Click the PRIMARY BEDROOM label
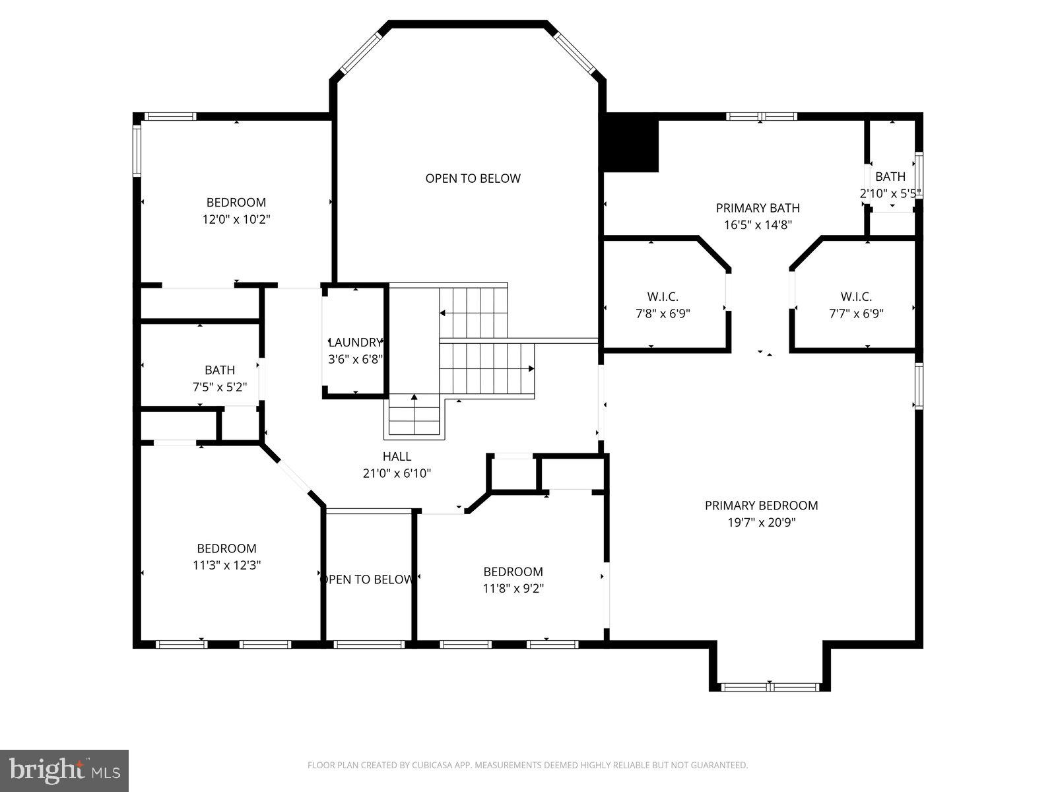pos(761,506)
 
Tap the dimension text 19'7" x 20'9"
pos(761,523)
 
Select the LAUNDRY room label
pos(355,343)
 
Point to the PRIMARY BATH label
pos(758,208)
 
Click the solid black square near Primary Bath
pos(632,143)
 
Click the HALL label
pos(397,456)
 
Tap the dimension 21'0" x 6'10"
pos(397,473)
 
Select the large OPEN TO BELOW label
pos(473,178)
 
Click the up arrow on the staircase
pos(414,398)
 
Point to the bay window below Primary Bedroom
pos(770,687)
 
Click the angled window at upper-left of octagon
pos(360,53)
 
